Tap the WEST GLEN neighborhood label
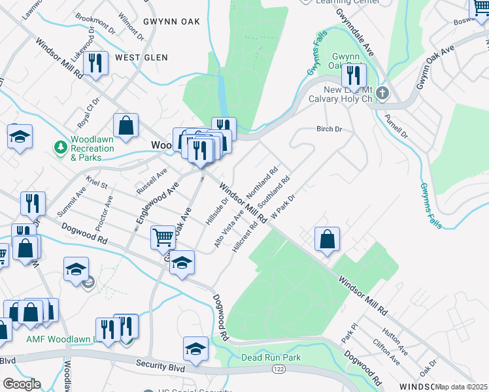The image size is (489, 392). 141,57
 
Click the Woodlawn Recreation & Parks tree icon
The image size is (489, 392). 61,147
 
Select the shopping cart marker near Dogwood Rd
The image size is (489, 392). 163,237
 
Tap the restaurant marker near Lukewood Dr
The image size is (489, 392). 96,63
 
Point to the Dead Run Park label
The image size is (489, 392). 271,358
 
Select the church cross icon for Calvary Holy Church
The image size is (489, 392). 382,93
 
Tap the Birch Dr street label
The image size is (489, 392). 329,129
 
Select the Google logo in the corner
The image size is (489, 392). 21,384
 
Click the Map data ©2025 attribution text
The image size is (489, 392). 461,387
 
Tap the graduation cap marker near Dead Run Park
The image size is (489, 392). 195,349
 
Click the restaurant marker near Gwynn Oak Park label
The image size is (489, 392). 354,76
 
